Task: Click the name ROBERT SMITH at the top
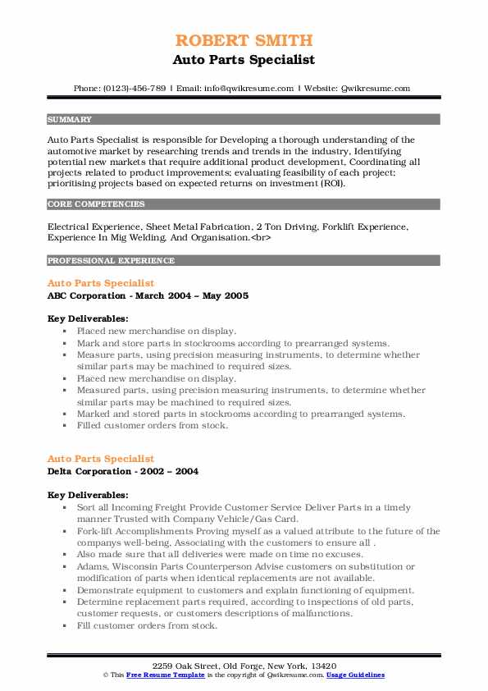coord(244,41)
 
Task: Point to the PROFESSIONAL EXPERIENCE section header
coord(111,261)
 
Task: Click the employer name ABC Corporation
coord(84,295)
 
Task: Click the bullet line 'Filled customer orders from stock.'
coord(152,426)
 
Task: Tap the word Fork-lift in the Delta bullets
coord(95,531)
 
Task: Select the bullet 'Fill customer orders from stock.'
coord(147,625)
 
